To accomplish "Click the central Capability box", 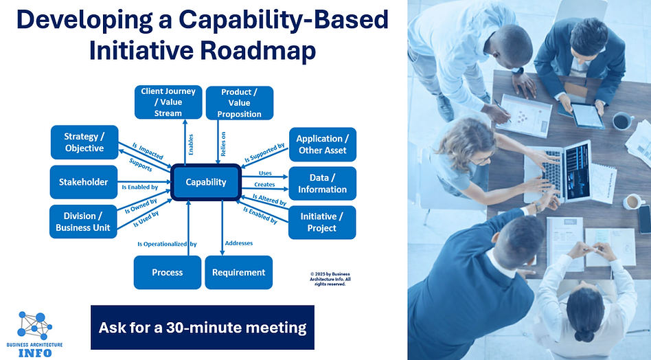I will point(205,183).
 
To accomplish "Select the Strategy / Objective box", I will point(84,142).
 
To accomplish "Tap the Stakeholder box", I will point(84,182).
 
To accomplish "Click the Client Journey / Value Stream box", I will point(168,102).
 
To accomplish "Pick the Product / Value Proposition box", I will point(240,102).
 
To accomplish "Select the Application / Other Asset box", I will point(322,144).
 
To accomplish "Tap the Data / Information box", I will point(322,183).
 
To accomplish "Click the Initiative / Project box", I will point(322,222).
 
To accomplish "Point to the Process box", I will point(168,272).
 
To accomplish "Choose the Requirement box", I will point(239,272).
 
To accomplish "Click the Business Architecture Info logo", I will point(34,333).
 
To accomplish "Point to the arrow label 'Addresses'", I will point(240,243).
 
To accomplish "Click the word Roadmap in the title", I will point(271,52).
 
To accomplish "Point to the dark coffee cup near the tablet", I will point(622,121).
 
